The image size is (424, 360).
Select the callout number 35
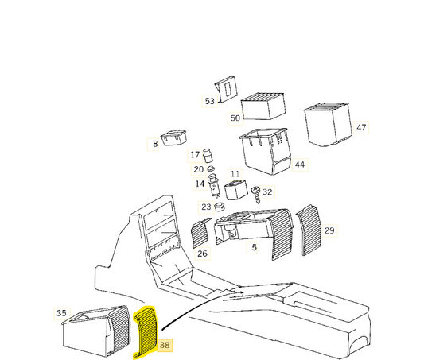click(x=62, y=313)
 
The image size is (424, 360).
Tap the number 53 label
click(x=209, y=101)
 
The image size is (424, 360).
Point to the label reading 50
click(x=235, y=118)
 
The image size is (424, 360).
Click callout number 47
click(x=361, y=127)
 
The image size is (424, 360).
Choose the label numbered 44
click(x=299, y=165)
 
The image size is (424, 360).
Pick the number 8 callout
click(x=155, y=144)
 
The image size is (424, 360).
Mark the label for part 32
click(x=266, y=192)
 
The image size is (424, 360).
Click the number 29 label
click(x=329, y=230)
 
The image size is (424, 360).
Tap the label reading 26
click(x=202, y=254)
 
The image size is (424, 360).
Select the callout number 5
click(x=254, y=247)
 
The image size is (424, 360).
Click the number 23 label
click(x=206, y=207)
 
